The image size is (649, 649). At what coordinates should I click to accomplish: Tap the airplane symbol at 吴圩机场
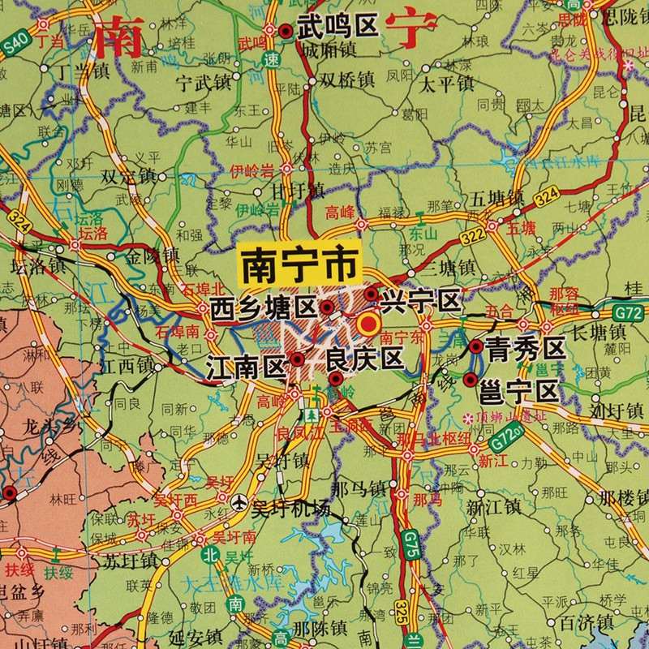point(239,503)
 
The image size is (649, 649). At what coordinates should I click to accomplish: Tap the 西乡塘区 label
point(262,307)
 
